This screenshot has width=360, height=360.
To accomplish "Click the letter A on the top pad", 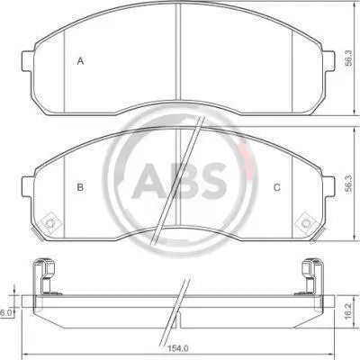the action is pos(80,61).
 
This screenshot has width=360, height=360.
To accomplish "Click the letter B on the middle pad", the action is pos(80,187).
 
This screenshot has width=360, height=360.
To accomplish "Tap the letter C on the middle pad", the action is pos(277,187).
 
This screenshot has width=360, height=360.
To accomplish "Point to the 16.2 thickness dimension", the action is pos(347,310).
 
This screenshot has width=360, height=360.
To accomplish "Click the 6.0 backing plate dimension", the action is pos(5,313).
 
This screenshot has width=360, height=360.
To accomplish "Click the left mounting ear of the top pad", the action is pos(28,61).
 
